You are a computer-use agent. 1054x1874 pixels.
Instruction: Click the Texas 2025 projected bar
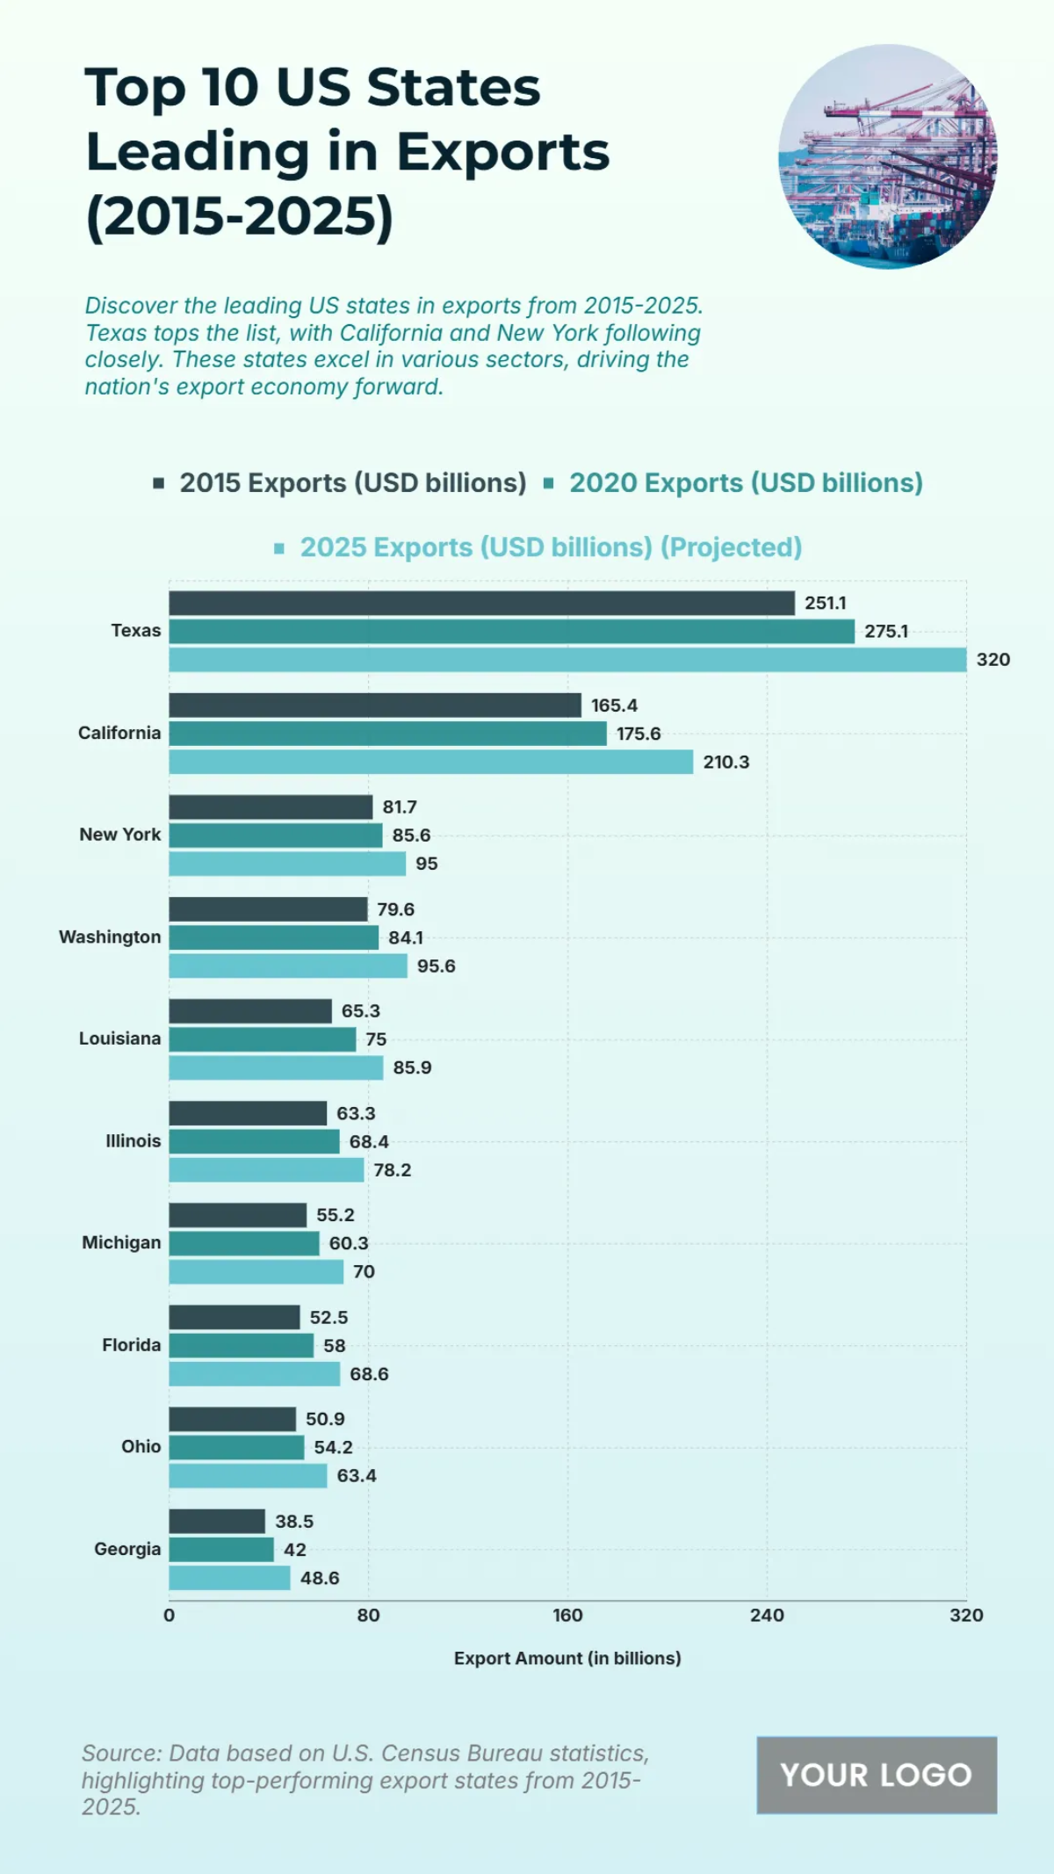click(567, 660)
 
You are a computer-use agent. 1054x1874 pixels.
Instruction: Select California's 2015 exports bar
click(375, 705)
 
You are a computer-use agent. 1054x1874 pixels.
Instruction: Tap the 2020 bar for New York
click(276, 836)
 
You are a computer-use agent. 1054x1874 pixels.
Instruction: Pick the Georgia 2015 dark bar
click(217, 1522)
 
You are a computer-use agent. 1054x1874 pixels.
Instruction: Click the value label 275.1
click(885, 632)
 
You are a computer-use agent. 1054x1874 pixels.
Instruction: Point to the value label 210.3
click(726, 763)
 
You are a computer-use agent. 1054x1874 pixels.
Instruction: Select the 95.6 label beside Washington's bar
click(436, 966)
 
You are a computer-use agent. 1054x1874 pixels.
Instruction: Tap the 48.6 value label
click(320, 1579)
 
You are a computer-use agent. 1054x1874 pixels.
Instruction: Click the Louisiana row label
click(120, 1039)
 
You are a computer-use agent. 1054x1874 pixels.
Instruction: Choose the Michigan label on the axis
click(121, 1243)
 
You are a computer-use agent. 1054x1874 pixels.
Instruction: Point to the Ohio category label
click(141, 1447)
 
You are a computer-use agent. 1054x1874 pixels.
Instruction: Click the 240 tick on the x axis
click(767, 1616)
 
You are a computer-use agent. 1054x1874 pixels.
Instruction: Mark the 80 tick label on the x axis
click(368, 1616)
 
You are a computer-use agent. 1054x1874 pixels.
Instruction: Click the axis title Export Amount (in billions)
click(567, 1659)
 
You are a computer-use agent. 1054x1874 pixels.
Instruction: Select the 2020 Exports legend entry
click(745, 483)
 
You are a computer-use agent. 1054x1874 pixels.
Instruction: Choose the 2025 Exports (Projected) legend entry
click(551, 547)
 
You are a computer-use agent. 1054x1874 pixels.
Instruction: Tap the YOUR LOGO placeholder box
click(877, 1776)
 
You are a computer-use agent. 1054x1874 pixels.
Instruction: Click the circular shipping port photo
click(888, 156)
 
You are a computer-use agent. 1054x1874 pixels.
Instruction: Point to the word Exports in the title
click(502, 152)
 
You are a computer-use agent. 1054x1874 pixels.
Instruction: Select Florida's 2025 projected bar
click(255, 1374)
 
